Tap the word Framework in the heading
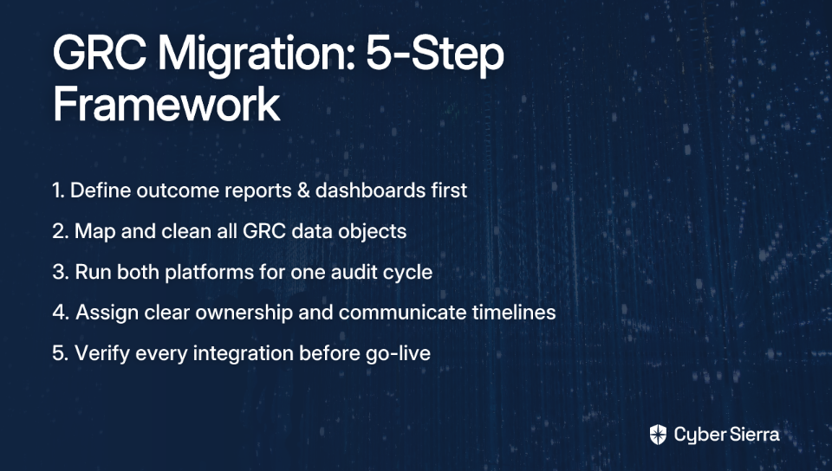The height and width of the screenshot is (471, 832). (x=166, y=104)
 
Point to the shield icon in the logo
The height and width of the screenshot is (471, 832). (x=658, y=435)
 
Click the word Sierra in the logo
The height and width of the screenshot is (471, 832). (x=754, y=435)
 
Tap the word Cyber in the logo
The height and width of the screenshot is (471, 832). (x=700, y=436)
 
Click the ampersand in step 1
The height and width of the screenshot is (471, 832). (x=303, y=190)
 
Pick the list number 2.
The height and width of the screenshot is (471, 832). (x=60, y=231)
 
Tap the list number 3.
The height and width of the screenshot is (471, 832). (x=60, y=273)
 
